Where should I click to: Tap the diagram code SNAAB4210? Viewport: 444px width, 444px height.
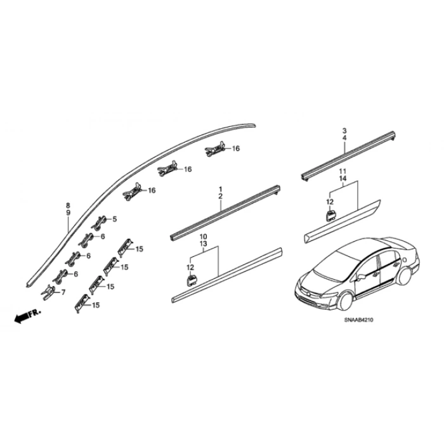click(x=359, y=320)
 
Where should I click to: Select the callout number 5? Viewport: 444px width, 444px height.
click(x=114, y=219)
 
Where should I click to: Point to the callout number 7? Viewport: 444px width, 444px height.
click(x=63, y=292)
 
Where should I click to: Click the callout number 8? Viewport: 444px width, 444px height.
click(x=68, y=206)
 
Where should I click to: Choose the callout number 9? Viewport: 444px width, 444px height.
click(x=68, y=212)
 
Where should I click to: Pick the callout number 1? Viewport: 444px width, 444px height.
click(x=221, y=189)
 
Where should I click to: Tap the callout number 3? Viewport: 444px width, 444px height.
click(x=344, y=131)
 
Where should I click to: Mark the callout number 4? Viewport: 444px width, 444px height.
click(x=344, y=138)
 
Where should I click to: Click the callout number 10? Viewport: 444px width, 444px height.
click(x=204, y=237)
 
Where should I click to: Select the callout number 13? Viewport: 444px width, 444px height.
click(x=204, y=244)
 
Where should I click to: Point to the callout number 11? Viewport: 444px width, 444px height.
click(x=343, y=171)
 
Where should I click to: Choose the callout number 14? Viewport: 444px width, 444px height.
click(x=343, y=179)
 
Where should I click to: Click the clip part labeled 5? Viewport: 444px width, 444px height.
click(x=100, y=222)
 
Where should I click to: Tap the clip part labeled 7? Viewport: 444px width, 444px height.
click(x=48, y=292)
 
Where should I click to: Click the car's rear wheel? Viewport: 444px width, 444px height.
click(x=405, y=275)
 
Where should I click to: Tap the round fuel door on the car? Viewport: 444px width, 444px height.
click(x=405, y=259)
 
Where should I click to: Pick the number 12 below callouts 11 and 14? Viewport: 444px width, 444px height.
click(x=330, y=202)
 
